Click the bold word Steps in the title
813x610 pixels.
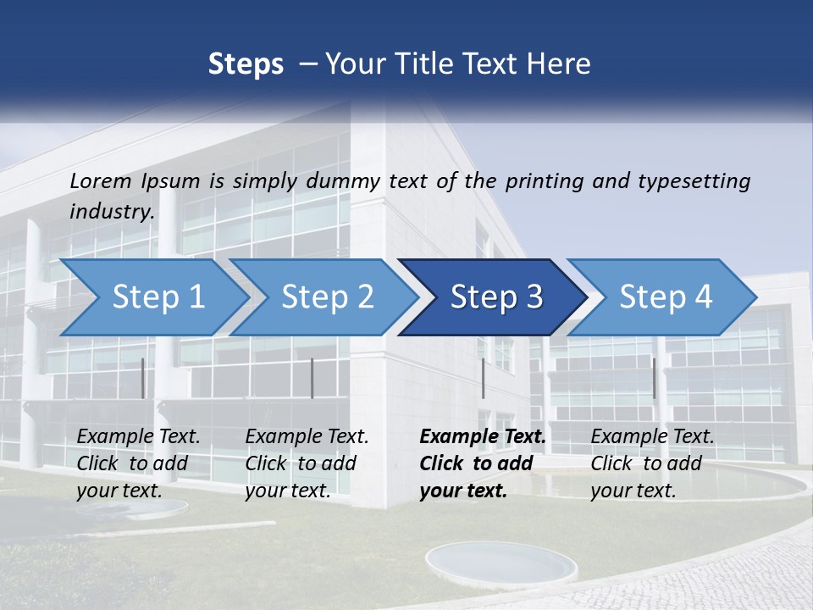click(x=246, y=64)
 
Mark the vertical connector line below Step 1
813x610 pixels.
click(x=143, y=378)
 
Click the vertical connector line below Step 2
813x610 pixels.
click(x=312, y=378)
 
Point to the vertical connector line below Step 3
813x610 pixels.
click(x=484, y=378)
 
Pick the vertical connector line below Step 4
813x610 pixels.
click(x=654, y=378)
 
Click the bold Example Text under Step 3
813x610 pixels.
click(x=483, y=437)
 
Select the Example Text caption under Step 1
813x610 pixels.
click(x=139, y=437)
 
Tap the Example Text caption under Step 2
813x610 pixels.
click(x=307, y=437)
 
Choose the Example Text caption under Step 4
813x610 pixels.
click(x=653, y=437)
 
